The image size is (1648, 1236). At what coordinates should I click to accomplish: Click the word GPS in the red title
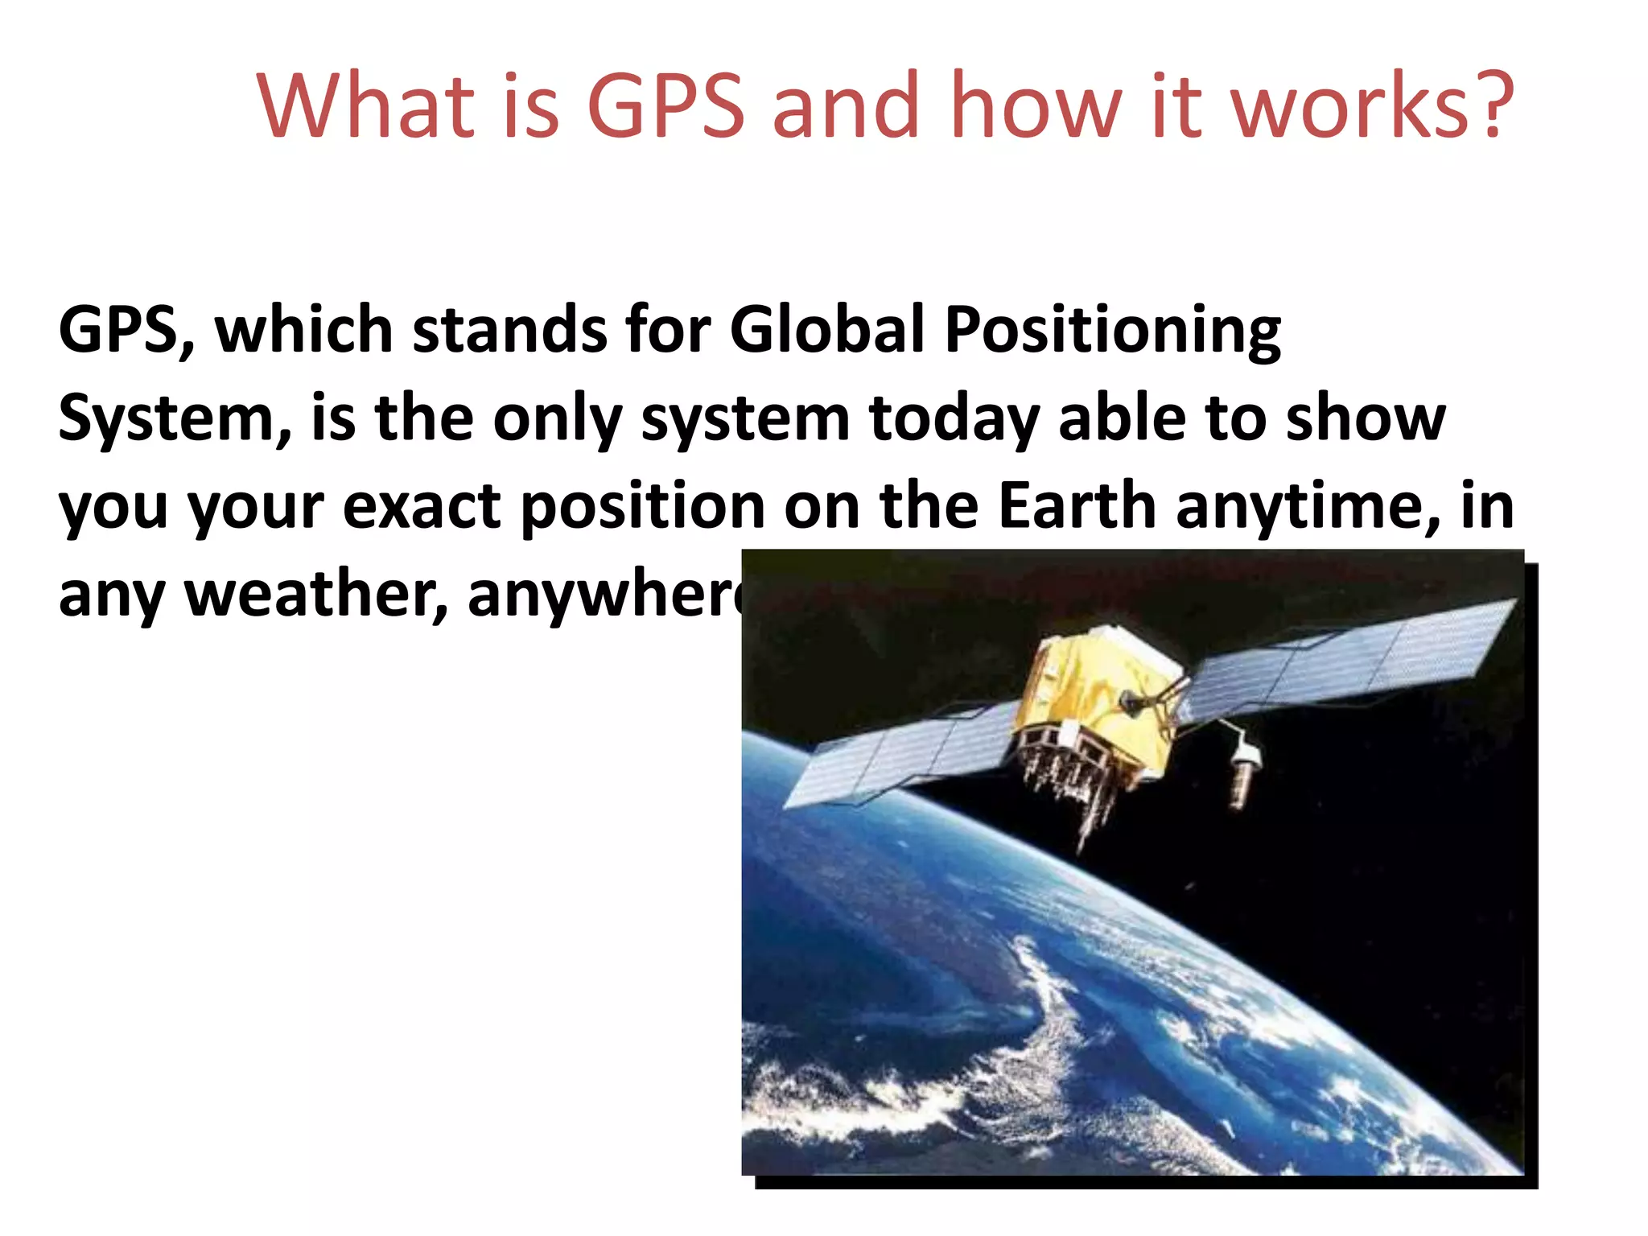[666, 106]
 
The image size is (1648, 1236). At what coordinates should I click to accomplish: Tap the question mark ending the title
[1494, 106]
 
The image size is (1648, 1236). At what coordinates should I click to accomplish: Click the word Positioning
[1112, 332]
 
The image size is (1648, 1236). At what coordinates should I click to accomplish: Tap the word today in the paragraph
[954, 420]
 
